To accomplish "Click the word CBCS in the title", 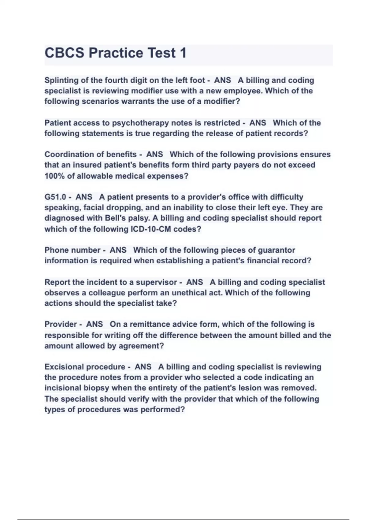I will point(64,53).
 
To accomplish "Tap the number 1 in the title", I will point(183,53).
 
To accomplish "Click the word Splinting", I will point(61,80).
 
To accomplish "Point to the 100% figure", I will point(54,176).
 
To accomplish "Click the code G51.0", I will point(55,197).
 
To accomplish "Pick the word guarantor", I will point(276,250).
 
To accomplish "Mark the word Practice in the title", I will point(116,53).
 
